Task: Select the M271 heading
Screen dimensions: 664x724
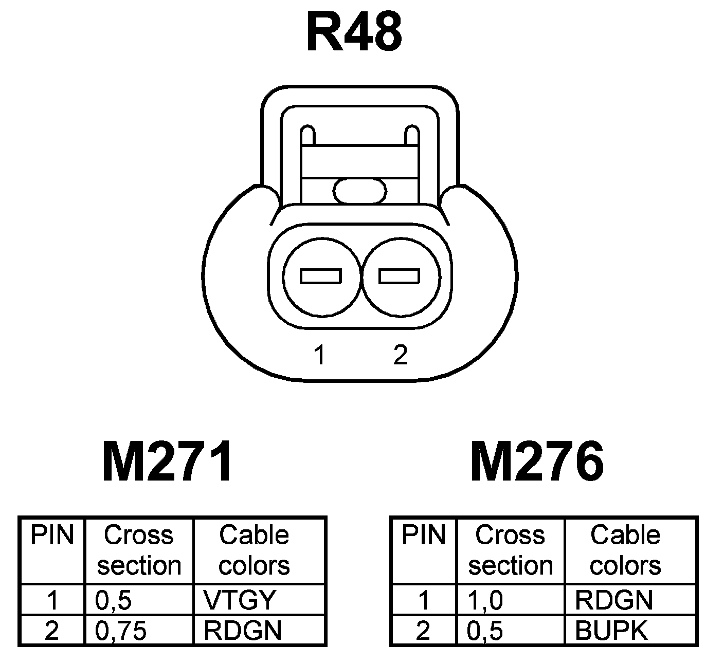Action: (x=168, y=462)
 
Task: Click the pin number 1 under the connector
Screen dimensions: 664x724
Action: (x=320, y=355)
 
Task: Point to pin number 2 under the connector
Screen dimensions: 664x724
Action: (x=400, y=355)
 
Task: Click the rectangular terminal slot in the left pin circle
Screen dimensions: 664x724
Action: (x=321, y=276)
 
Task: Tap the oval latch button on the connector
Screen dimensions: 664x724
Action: (x=359, y=191)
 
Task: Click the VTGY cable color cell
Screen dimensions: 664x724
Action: (x=240, y=600)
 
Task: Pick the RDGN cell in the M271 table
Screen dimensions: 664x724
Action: (x=243, y=630)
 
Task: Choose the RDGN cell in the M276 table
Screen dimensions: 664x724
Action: (x=614, y=600)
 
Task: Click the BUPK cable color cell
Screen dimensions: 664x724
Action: (x=611, y=630)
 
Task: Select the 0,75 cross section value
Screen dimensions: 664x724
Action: (x=121, y=631)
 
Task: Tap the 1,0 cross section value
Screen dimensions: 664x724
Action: (x=485, y=600)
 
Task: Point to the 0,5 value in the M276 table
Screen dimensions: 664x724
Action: (x=485, y=631)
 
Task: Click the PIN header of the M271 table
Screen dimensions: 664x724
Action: (x=52, y=536)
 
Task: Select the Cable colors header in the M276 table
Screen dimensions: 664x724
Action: (x=625, y=550)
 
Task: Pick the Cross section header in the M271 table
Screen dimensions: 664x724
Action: (x=139, y=550)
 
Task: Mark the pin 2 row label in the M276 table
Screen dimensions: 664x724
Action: (x=423, y=631)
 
